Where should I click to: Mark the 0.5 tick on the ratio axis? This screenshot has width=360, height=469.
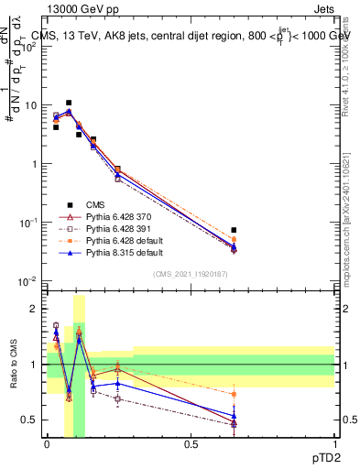click(31, 420)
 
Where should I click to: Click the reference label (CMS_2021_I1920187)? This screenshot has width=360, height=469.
click(191, 272)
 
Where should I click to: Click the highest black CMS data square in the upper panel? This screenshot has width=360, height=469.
click(69, 104)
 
